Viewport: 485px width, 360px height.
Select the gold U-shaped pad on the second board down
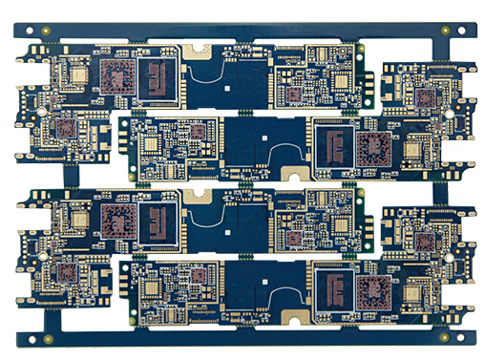point(294,173)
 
